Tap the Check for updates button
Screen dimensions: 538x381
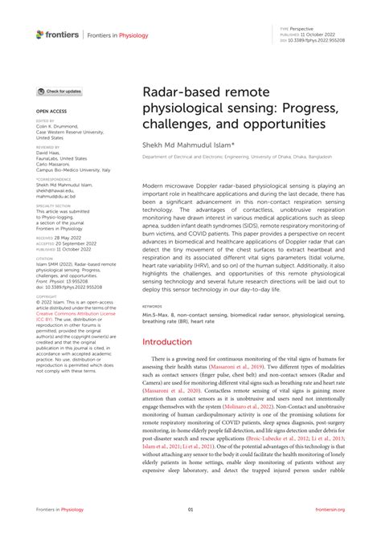point(59,92)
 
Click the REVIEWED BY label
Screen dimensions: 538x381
point(47,147)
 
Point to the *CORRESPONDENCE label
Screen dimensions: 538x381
point(50,178)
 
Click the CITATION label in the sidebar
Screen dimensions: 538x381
point(44,258)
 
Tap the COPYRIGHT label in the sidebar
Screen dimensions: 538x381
point(46,295)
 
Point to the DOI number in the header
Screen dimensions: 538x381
point(322,39)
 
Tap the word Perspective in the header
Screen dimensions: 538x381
point(306,27)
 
